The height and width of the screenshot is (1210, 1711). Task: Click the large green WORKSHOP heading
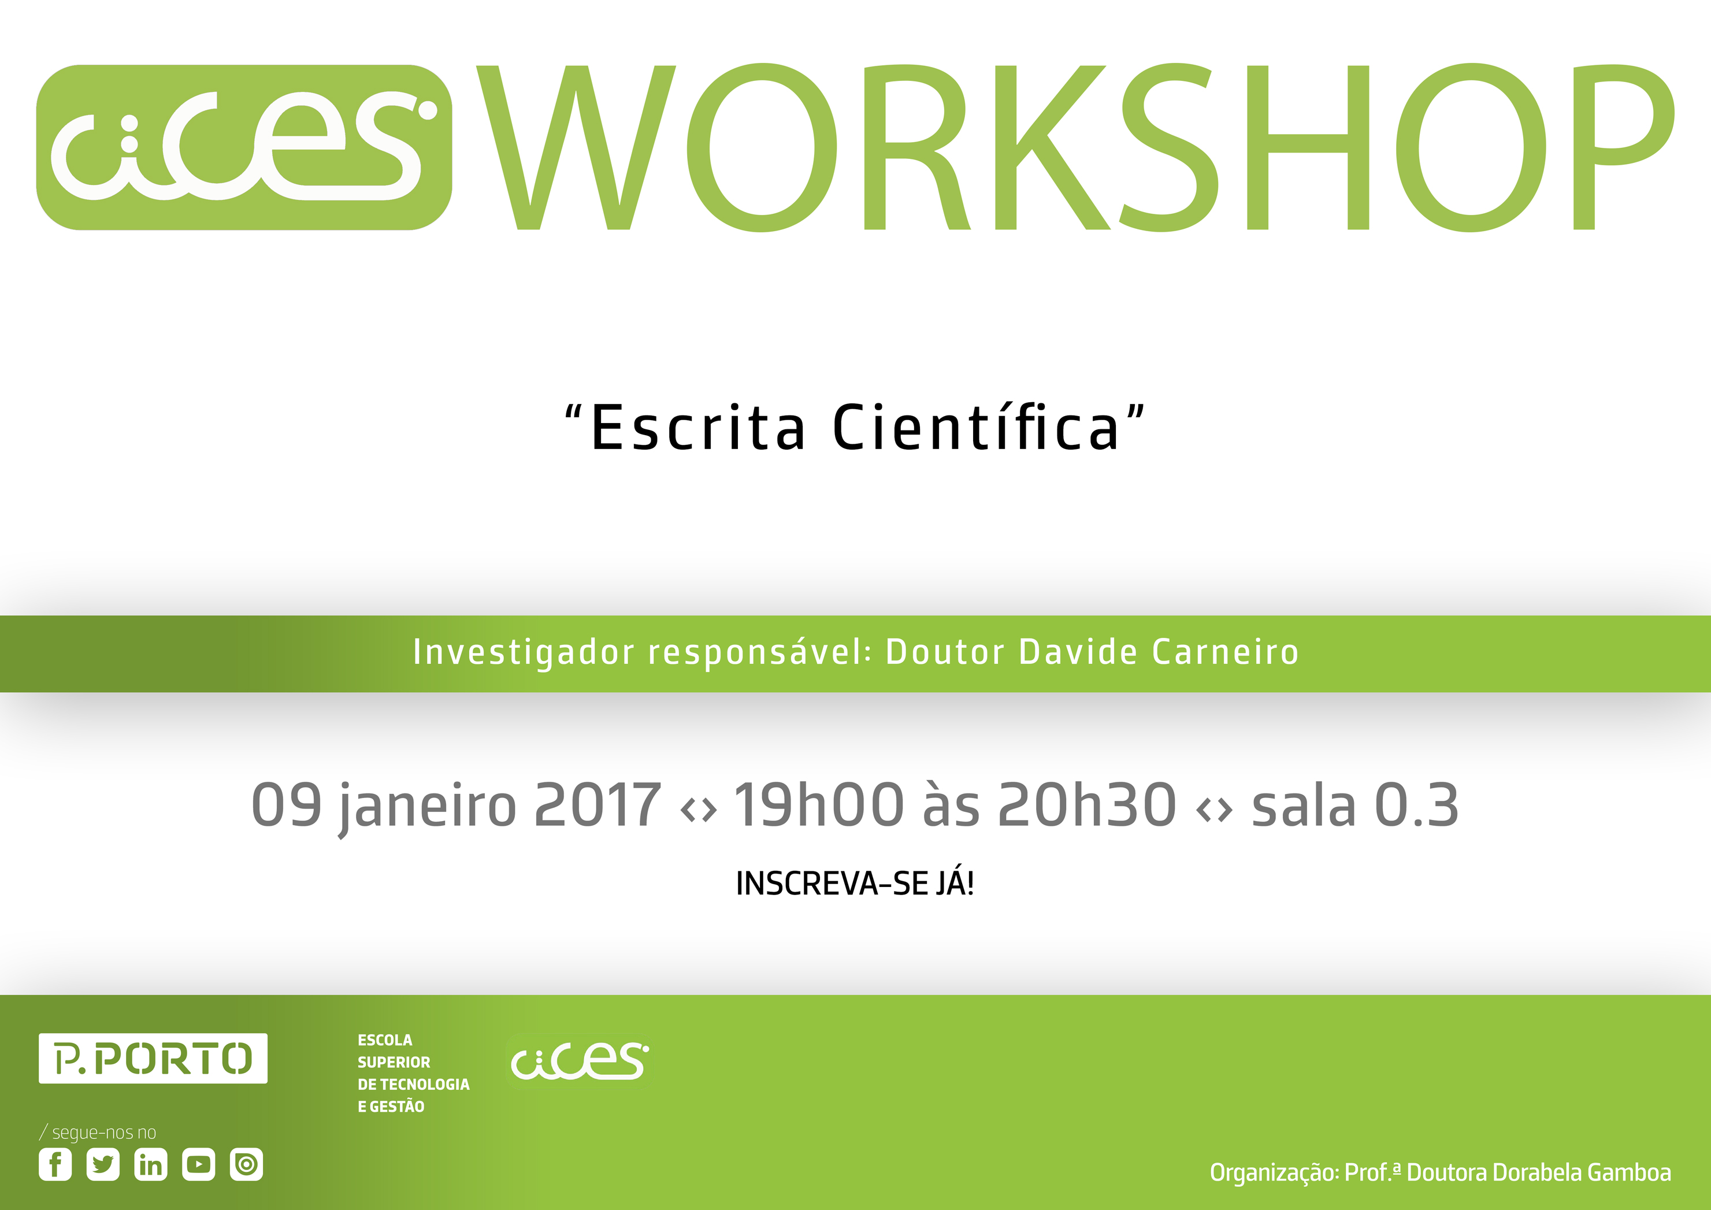(x=1076, y=147)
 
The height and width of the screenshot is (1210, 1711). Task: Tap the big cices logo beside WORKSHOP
(x=244, y=147)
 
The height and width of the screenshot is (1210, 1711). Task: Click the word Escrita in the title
(x=698, y=428)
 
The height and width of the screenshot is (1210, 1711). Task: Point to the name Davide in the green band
(x=1078, y=652)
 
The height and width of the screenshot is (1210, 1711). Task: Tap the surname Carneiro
(x=1226, y=652)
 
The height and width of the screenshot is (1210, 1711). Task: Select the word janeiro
(x=427, y=808)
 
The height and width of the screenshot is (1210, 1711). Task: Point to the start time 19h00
(x=818, y=805)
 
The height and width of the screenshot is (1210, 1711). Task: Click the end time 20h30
(x=1086, y=805)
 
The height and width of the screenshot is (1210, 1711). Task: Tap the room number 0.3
(x=1416, y=806)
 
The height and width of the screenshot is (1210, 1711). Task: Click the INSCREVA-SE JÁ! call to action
(x=855, y=884)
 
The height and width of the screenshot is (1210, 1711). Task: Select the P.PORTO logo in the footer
(x=153, y=1058)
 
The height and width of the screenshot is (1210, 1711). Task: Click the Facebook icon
(x=55, y=1164)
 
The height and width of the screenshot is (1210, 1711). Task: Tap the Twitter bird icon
(x=103, y=1164)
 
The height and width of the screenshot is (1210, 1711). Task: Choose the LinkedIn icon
(x=151, y=1164)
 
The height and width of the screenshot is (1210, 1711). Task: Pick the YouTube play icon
(x=198, y=1164)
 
